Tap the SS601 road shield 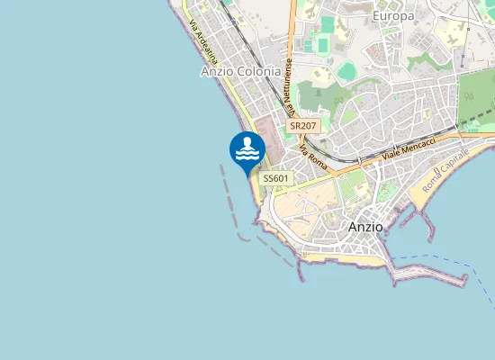coord(274,179)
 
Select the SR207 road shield coord(304,127)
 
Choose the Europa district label coord(393,16)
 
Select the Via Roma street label coord(314,154)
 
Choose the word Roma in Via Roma coord(319,158)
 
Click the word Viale coord(390,155)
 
